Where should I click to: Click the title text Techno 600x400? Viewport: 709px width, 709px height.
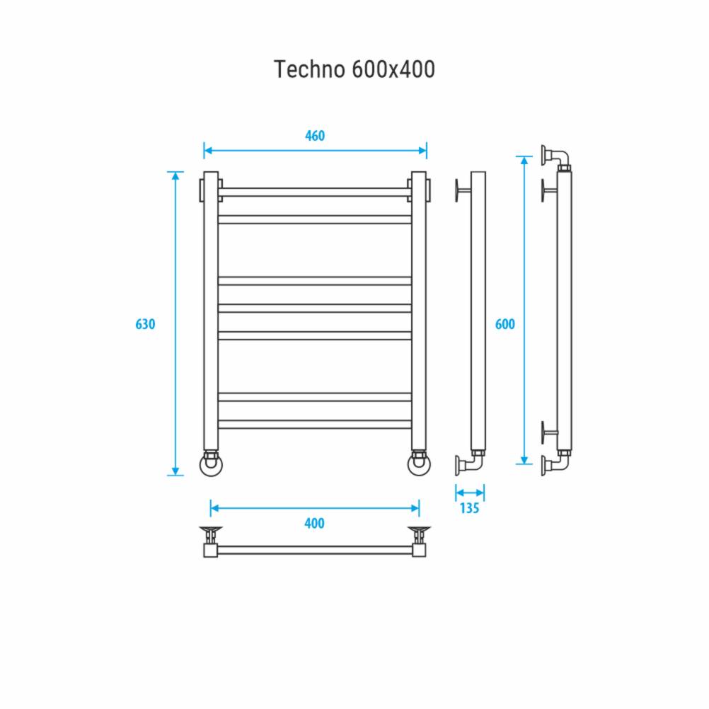point(354,69)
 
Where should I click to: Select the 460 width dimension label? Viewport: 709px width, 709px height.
point(315,136)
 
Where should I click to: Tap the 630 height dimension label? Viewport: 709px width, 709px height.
point(145,325)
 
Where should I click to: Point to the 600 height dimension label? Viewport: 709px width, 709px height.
point(505,325)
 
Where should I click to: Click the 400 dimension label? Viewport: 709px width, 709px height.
point(314,524)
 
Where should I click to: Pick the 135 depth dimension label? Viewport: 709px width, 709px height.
point(470,507)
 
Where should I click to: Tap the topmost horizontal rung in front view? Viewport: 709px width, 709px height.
point(315,192)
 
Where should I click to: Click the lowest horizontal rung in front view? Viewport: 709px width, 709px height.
point(315,425)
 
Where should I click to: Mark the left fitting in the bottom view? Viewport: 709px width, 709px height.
point(211,541)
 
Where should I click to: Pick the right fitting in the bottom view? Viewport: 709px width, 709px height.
point(419,541)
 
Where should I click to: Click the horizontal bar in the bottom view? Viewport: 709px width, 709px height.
point(315,550)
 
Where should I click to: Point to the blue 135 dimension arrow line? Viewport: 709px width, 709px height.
point(470,492)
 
